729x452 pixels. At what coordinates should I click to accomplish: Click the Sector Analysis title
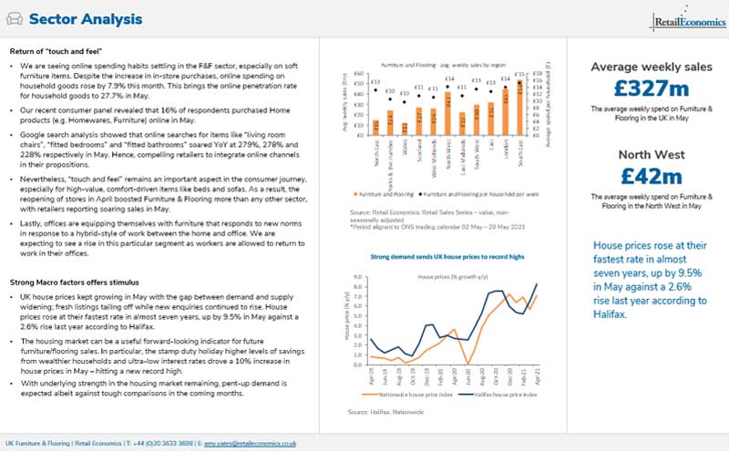point(83,19)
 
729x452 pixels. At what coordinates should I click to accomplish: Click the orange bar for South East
point(520,106)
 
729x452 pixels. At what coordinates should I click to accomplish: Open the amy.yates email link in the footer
point(261,443)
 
